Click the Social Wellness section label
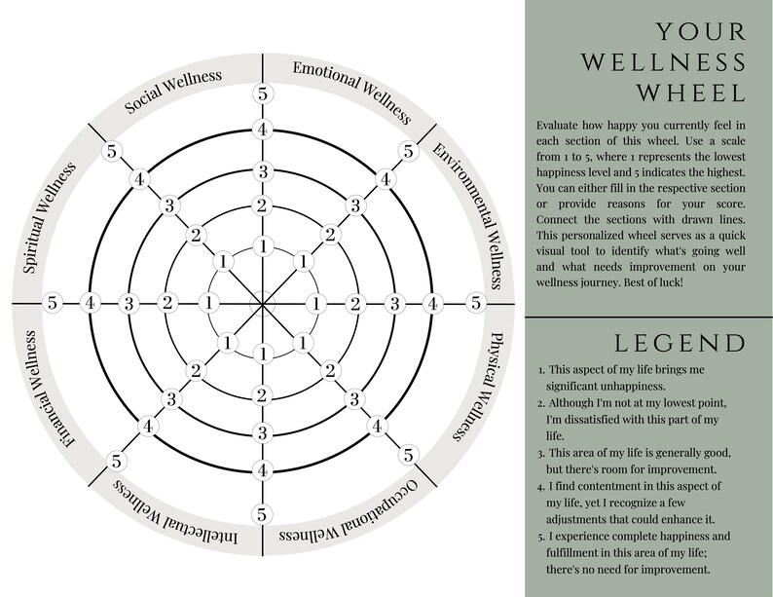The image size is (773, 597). click(x=172, y=91)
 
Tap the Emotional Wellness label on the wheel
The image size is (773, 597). click(x=352, y=92)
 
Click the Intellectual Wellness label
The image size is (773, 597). click(x=176, y=513)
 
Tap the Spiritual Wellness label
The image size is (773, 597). click(x=50, y=217)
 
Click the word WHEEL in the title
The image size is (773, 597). click(x=691, y=93)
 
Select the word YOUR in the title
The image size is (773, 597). click(x=701, y=31)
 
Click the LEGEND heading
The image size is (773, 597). click(x=681, y=343)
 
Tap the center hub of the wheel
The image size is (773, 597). click(x=262, y=303)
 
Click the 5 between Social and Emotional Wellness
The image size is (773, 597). click(x=262, y=93)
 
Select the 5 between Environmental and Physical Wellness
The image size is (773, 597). click(x=475, y=302)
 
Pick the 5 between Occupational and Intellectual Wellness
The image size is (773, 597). click(x=262, y=514)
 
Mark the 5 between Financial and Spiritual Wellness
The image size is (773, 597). click(x=53, y=302)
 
